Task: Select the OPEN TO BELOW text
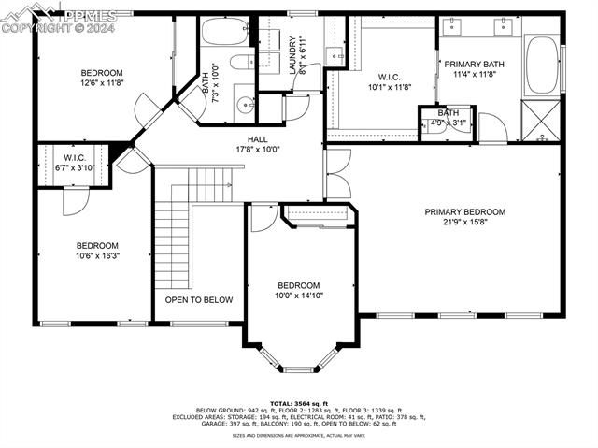[199, 300]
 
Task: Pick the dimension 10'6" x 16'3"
[97, 255]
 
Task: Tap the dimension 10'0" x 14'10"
[298, 296]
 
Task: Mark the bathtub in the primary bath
[539, 66]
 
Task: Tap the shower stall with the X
[540, 121]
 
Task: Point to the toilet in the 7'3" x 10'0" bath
[239, 65]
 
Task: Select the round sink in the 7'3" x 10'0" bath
[244, 104]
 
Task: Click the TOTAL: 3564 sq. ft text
[298, 402]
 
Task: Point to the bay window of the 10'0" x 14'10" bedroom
[299, 357]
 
